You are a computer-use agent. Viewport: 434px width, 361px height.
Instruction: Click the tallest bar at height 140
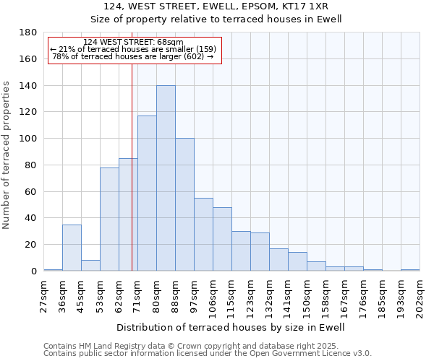[166, 178]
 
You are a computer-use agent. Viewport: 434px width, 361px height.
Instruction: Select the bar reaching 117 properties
[147, 193]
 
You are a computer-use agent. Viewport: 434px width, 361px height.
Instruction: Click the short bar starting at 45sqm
[90, 265]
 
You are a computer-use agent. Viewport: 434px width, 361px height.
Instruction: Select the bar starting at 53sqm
[109, 219]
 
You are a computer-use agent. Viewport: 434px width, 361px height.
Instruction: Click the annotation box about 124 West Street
[134, 50]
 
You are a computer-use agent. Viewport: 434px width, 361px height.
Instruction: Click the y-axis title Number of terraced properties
[7, 155]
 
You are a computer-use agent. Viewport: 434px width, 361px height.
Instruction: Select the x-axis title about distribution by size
[231, 327]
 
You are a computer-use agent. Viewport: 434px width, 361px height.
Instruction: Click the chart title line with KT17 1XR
[216, 6]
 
